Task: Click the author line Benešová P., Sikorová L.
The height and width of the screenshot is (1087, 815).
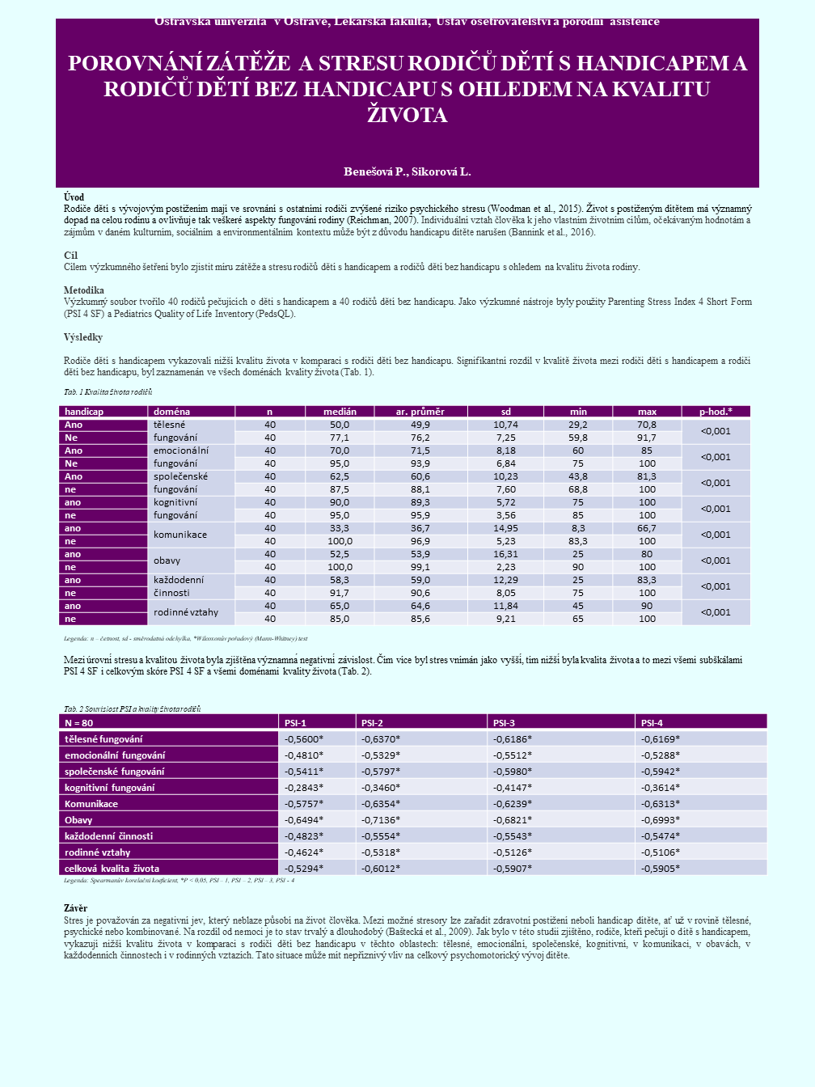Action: pos(407,171)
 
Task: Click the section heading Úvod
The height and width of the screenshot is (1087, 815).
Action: pos(74,197)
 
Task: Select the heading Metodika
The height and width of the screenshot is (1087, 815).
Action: pos(84,290)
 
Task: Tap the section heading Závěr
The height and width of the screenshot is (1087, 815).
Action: pos(75,908)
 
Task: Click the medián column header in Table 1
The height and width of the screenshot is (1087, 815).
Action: pos(340,412)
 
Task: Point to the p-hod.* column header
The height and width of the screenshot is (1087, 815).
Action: pos(716,412)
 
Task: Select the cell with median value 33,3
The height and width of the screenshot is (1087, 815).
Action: pos(340,528)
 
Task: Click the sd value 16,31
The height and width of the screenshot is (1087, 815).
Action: pos(505,554)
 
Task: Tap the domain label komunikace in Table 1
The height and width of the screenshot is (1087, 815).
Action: pos(180,535)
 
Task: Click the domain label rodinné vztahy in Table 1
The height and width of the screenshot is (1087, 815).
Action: pos(186,612)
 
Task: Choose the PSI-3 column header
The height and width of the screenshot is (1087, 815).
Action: pos(504,722)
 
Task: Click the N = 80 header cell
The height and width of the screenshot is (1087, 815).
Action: pos(79,722)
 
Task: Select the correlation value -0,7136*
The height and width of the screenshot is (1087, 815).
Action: pos(381,819)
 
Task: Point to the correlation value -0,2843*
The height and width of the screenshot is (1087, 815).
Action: pos(304,787)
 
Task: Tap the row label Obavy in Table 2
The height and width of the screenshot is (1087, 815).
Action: pos(78,819)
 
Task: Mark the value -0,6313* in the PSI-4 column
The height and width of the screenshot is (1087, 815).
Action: pos(661,803)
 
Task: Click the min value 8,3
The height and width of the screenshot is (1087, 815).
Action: pos(578,528)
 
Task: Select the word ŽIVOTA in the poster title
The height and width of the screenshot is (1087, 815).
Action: pos(407,115)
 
